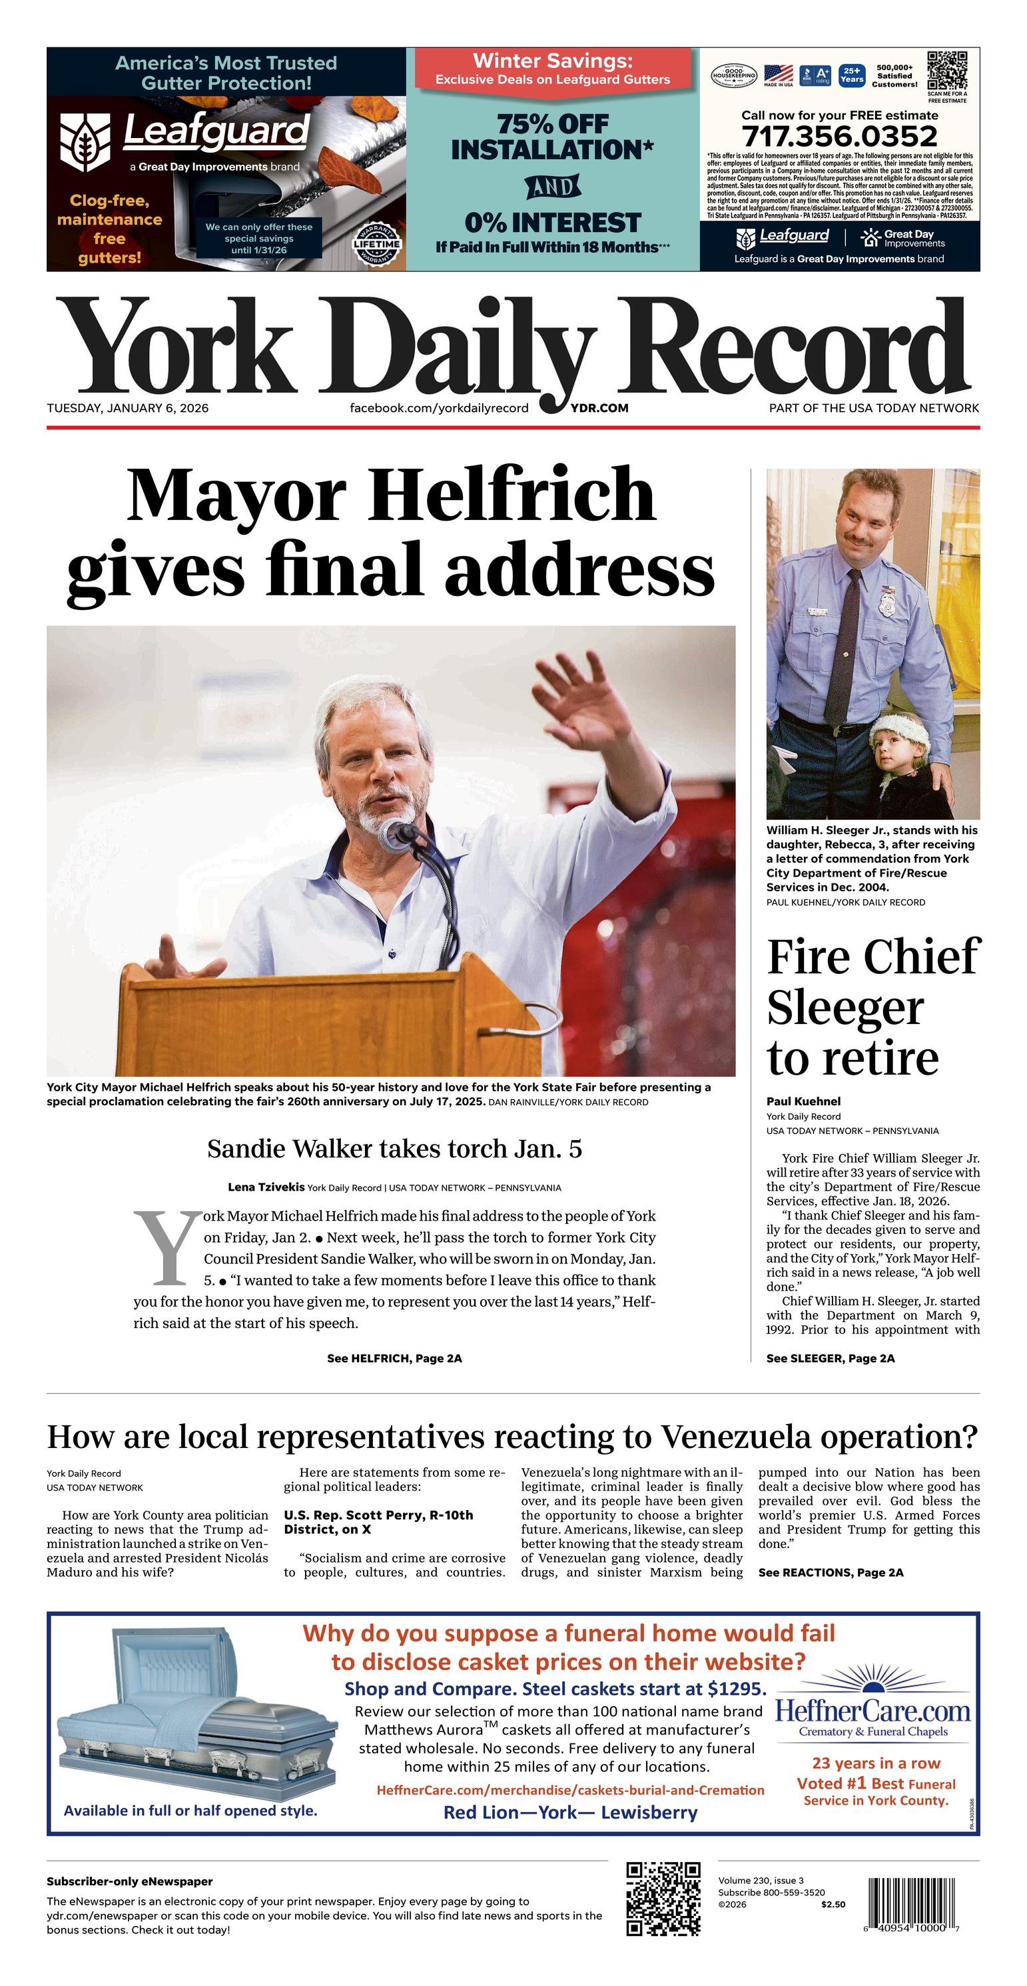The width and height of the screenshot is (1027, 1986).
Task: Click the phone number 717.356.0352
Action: pyautogui.click(x=839, y=137)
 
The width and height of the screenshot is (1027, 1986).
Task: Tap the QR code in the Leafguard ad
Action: pyautogui.click(x=947, y=71)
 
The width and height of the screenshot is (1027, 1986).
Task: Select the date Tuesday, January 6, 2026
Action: pyautogui.click(x=127, y=408)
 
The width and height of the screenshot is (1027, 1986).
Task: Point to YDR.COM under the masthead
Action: pyautogui.click(x=599, y=408)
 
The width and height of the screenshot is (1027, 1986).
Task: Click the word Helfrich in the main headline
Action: pyautogui.click(x=512, y=496)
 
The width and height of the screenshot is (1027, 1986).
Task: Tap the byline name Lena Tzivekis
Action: pyautogui.click(x=266, y=1187)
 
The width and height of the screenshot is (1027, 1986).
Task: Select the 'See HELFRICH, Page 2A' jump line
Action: pyautogui.click(x=394, y=1359)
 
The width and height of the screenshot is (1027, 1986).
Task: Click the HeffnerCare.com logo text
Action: pyautogui.click(x=872, y=1711)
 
